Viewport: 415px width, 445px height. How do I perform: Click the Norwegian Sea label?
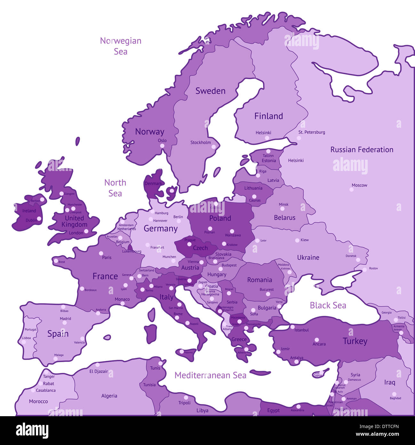pos(120,46)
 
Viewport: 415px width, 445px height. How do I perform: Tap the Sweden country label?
pos(210,91)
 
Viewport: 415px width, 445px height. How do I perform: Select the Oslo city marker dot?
pos(162,146)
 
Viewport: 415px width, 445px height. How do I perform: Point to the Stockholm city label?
pos(201,142)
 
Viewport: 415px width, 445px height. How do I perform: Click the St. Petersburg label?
pos(311,132)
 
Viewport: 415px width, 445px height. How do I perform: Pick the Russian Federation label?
pos(362,150)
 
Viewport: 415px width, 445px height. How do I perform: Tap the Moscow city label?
pos(359,185)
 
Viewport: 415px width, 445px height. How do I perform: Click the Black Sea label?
pos(328,305)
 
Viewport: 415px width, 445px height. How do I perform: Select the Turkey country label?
pos(355,341)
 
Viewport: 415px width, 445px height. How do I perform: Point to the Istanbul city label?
pos(301,330)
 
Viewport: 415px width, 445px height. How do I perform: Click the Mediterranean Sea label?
pos(210,375)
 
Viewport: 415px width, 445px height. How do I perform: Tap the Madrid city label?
pos(65,319)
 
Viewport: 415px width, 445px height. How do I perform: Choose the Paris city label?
pos(107,257)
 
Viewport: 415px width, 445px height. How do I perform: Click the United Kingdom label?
pos(74,221)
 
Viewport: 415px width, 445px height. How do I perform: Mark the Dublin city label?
pos(31,220)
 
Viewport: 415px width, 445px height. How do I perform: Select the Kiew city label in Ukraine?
pos(305,240)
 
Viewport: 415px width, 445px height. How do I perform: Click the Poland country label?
pos(220,218)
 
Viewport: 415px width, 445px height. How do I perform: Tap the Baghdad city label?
pos(395,398)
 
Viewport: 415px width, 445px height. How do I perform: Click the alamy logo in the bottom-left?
pos(32,430)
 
